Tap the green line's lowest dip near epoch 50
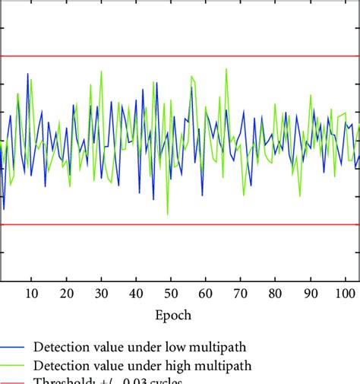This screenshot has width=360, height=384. (168, 214)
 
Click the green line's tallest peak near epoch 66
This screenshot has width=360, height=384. (226, 69)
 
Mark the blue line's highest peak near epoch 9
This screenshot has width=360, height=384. (28, 74)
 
